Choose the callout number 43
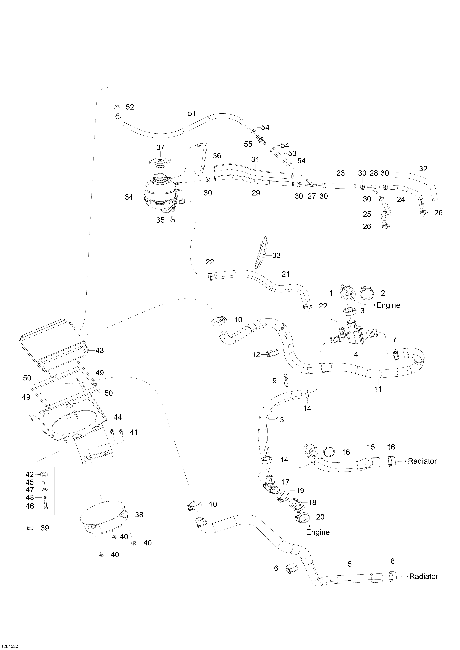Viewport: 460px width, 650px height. pyautogui.click(x=99, y=350)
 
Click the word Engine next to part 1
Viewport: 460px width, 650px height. pyautogui.click(x=388, y=305)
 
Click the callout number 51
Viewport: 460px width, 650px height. pyautogui.click(x=192, y=113)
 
